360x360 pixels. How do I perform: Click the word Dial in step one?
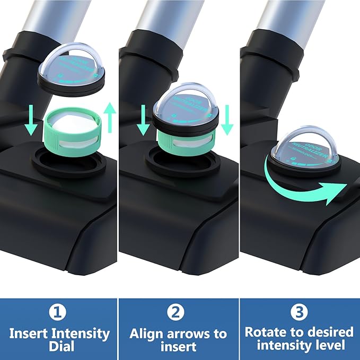(58, 347)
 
